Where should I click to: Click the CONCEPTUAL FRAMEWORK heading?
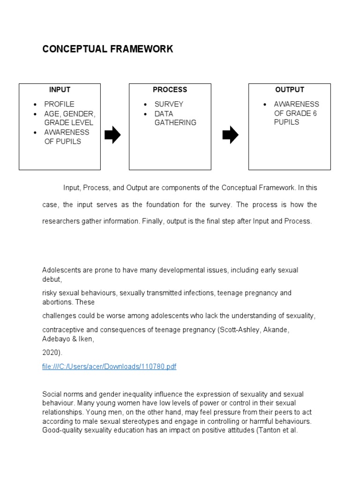point(107,49)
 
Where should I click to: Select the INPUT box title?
point(60,90)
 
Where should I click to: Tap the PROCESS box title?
point(170,90)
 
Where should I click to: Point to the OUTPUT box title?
point(289,90)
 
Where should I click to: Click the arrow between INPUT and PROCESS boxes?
point(112,135)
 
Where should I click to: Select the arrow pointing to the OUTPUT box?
point(230,135)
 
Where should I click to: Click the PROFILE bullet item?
point(59,104)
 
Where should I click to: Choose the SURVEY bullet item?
point(169,104)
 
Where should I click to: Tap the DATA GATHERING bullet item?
point(175,118)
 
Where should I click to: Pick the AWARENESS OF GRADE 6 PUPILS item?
point(296,113)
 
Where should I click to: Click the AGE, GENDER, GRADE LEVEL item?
point(69,118)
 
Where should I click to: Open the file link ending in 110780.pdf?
point(109,367)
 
